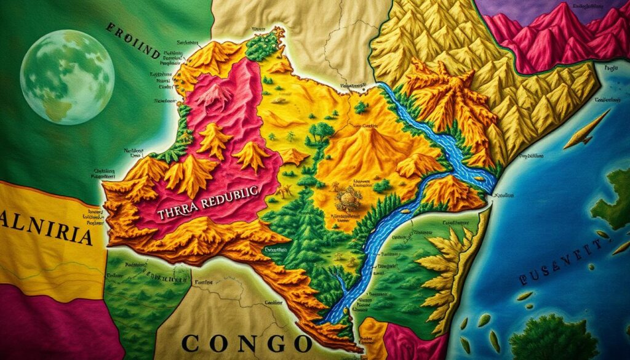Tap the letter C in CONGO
pyautogui.click(x=192, y=342)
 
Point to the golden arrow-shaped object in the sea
pyautogui.click(x=587, y=130)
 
